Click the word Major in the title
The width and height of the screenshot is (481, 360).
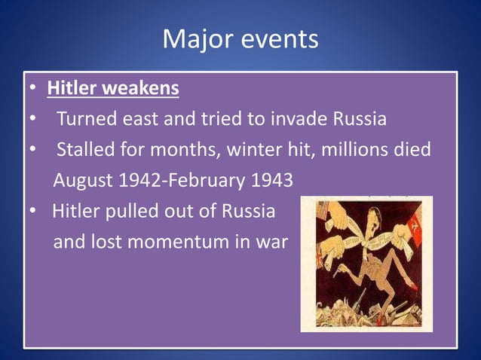coord(198,39)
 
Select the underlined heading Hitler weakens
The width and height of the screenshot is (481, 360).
coord(113,89)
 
